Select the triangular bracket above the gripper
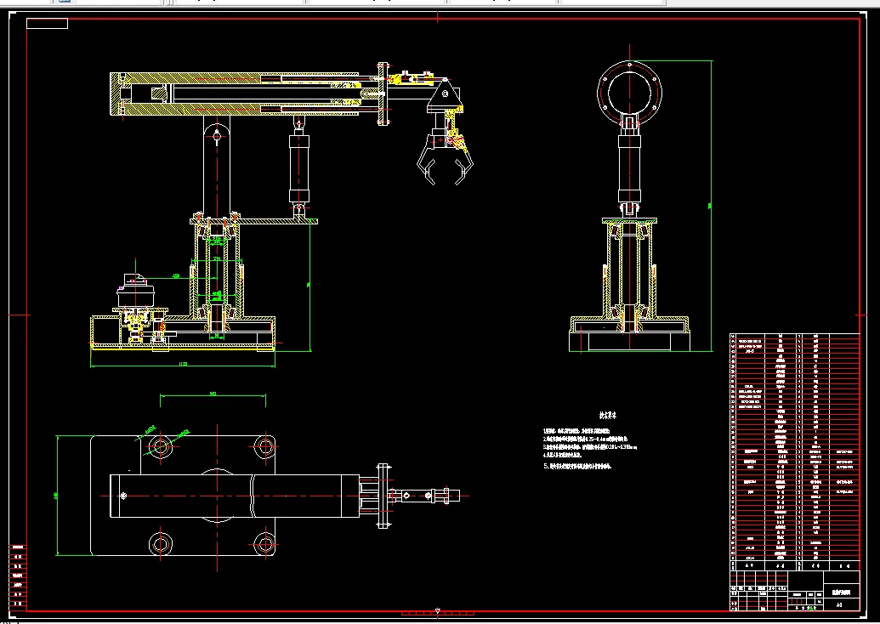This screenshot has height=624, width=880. click(x=443, y=99)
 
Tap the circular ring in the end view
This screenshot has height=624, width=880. click(x=631, y=90)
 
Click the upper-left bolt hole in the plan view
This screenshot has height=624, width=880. click(x=159, y=445)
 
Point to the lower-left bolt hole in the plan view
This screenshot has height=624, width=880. click(x=159, y=542)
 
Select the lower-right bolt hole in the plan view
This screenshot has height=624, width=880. click(x=260, y=542)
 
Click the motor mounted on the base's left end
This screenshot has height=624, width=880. click(x=135, y=293)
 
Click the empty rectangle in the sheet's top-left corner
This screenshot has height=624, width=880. click(x=47, y=23)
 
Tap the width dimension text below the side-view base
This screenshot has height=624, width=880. click(x=182, y=364)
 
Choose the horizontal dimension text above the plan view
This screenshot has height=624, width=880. click(x=212, y=394)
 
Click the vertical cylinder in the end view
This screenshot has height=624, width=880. click(x=630, y=167)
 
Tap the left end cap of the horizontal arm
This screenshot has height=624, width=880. click(x=116, y=94)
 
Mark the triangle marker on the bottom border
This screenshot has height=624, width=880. click(x=437, y=610)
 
